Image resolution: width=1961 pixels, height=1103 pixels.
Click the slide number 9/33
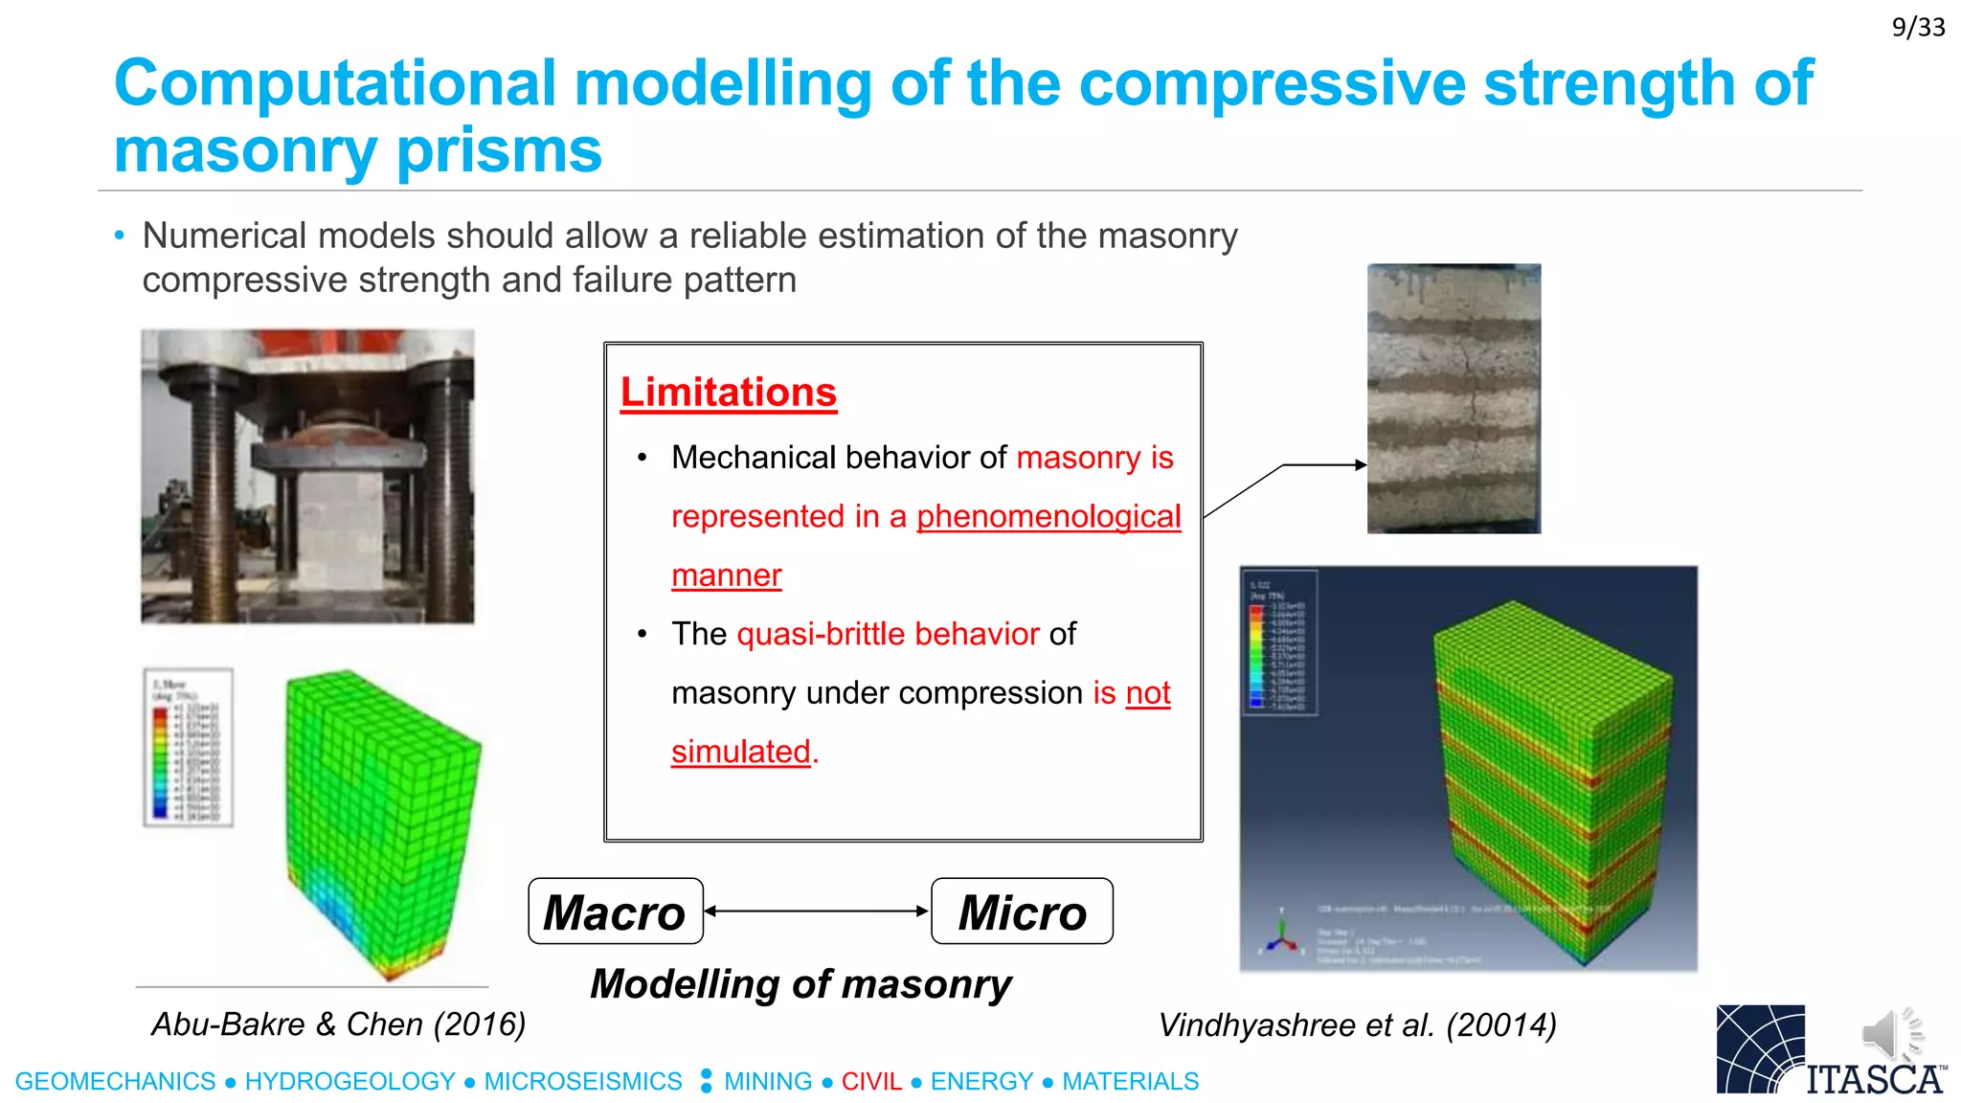click(x=1918, y=27)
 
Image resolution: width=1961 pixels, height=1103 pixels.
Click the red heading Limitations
click(x=728, y=393)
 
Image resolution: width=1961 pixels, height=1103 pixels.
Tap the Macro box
click(x=616, y=912)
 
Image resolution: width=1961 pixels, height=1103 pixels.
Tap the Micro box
click(x=1022, y=912)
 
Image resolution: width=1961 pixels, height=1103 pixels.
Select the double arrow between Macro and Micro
click(x=817, y=912)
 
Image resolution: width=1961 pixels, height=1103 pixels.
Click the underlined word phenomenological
click(x=1048, y=517)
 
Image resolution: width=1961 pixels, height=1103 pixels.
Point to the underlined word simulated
click(x=741, y=752)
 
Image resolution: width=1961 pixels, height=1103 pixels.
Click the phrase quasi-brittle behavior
click(x=888, y=634)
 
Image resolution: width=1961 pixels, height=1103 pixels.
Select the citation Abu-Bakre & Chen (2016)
click(x=338, y=1024)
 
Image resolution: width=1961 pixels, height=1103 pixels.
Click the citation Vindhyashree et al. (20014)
click(x=1357, y=1025)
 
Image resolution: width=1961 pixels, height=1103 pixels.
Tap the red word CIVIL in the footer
click(x=871, y=1082)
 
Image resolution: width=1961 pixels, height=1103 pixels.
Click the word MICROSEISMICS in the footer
click(x=582, y=1082)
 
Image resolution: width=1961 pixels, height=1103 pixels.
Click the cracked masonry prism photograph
click(x=1454, y=398)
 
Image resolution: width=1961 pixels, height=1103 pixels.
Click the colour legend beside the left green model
click(x=188, y=748)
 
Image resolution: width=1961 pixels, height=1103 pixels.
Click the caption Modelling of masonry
click(x=800, y=984)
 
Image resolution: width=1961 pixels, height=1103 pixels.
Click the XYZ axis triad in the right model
click(x=1281, y=936)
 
